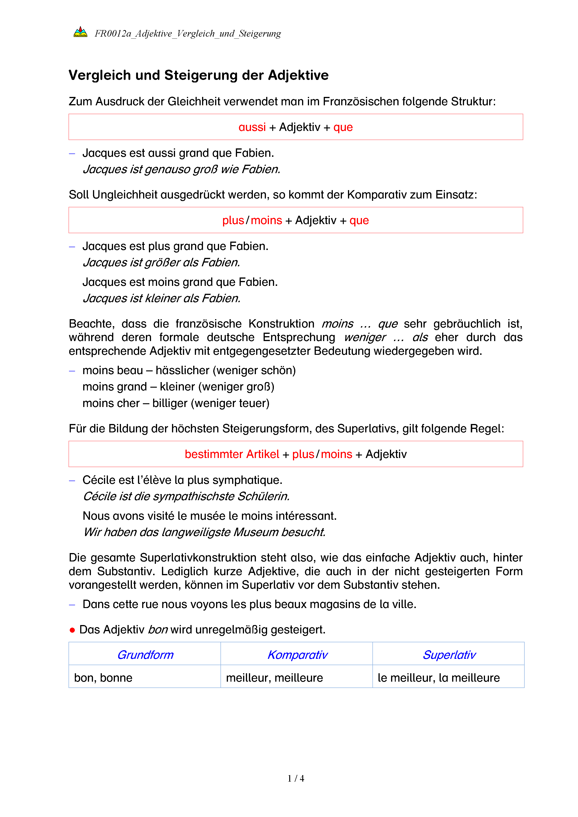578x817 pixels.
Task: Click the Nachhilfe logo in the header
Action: point(80,32)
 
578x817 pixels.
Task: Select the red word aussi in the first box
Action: point(252,127)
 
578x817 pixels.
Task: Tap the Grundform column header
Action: point(145,654)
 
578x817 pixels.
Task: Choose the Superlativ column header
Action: point(449,654)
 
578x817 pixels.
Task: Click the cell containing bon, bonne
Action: point(103,677)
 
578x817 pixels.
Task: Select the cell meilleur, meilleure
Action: point(274,677)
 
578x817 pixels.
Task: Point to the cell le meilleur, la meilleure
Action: point(438,677)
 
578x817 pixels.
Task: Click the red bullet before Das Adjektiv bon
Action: point(72,630)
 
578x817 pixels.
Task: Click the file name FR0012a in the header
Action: point(113,34)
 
